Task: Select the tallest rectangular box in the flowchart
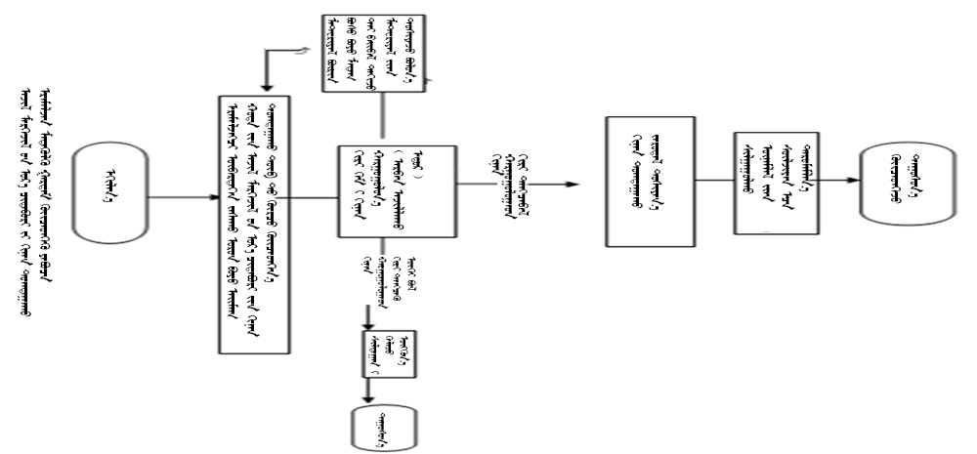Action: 254,226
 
